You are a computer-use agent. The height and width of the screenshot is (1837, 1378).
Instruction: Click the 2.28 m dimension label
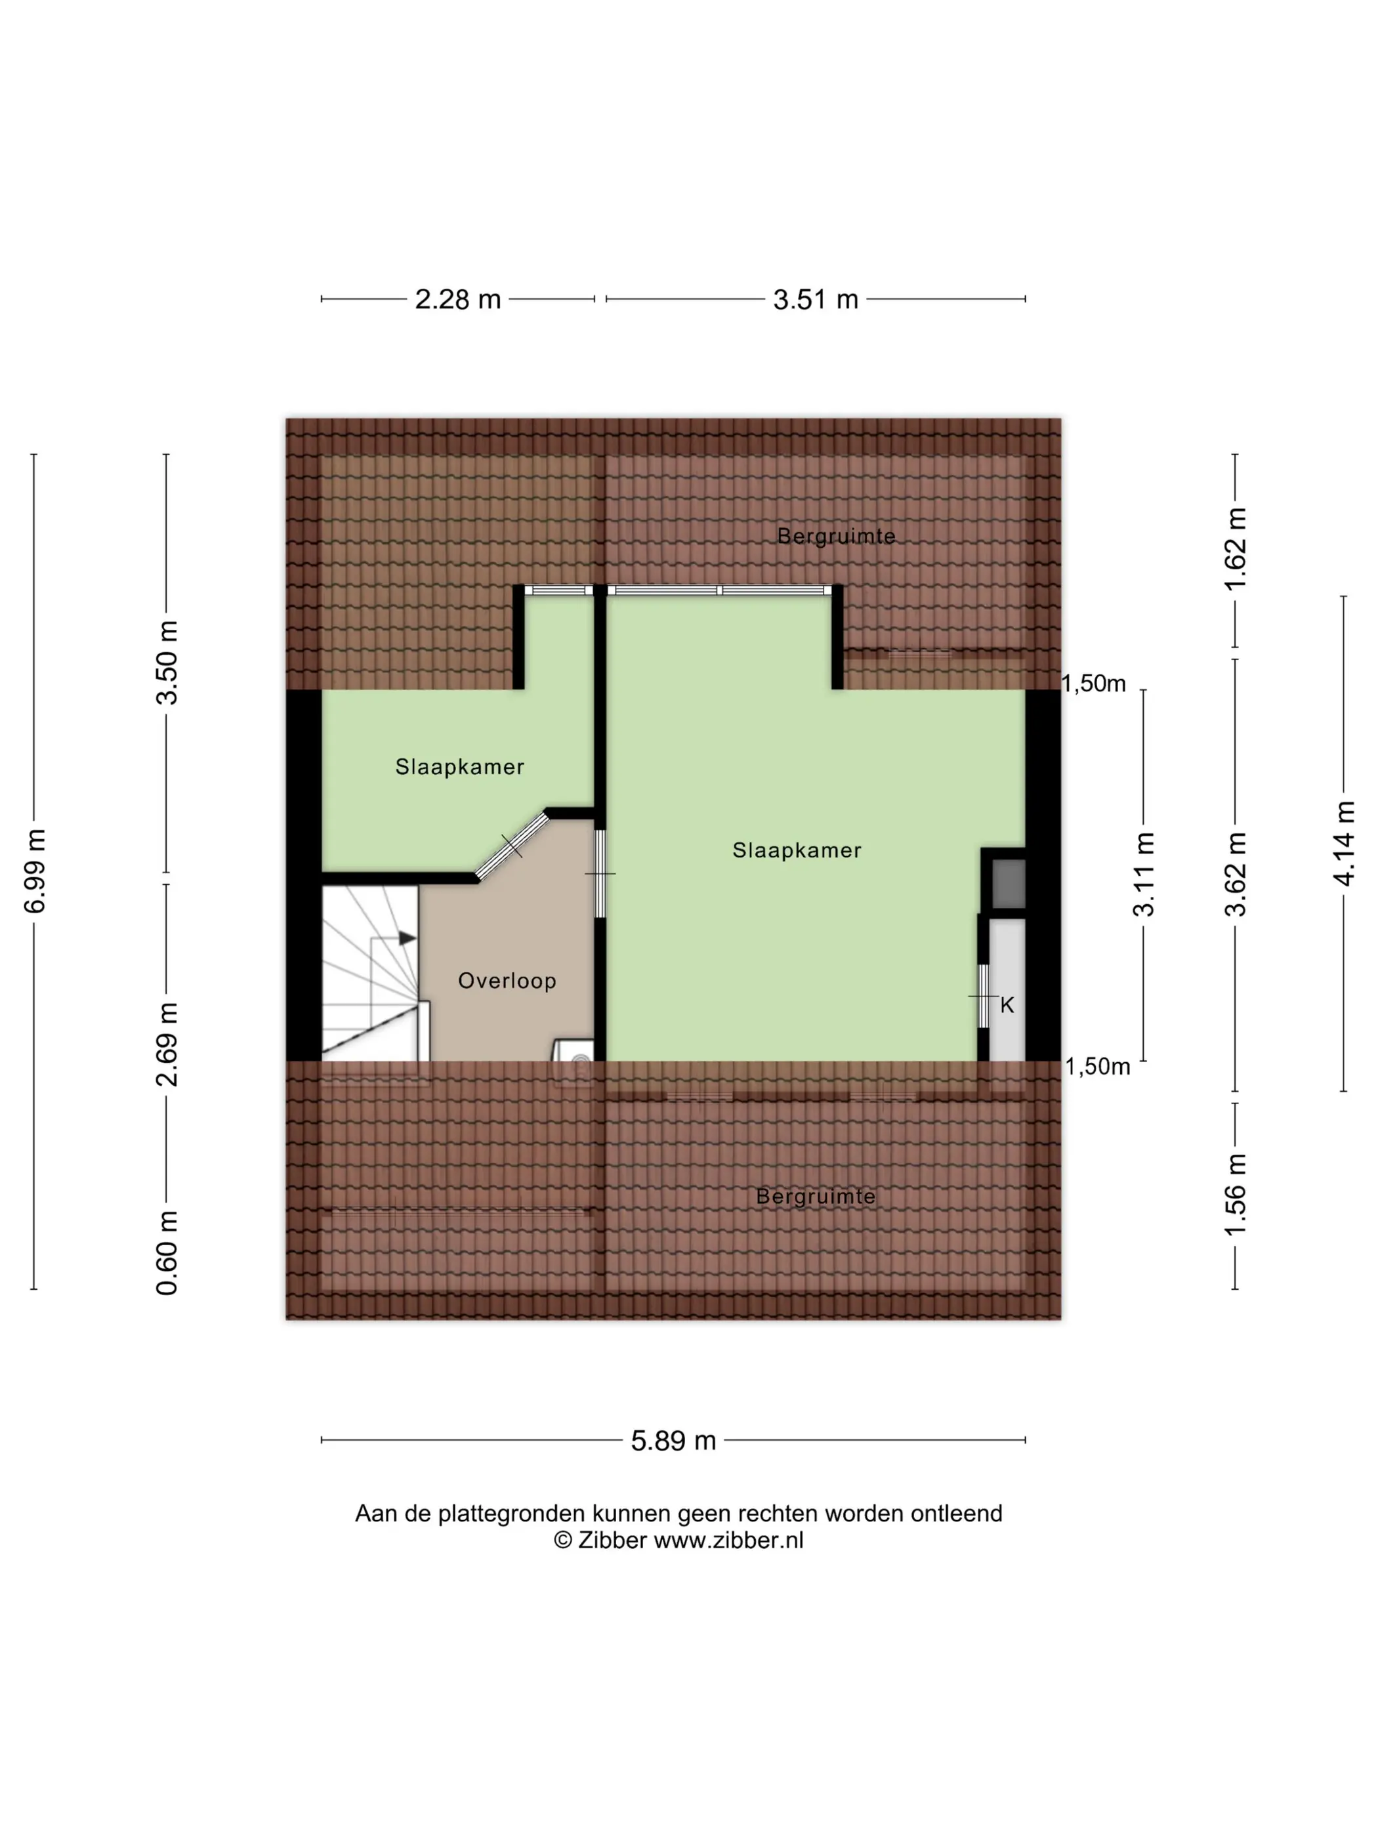click(457, 299)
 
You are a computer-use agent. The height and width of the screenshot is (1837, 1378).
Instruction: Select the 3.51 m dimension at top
click(815, 299)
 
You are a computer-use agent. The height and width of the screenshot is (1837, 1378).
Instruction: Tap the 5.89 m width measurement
click(673, 1440)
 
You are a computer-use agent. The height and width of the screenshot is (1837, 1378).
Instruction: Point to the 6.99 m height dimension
click(34, 871)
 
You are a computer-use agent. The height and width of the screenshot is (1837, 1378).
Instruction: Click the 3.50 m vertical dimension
click(167, 662)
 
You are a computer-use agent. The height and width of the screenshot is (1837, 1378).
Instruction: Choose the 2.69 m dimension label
click(167, 1044)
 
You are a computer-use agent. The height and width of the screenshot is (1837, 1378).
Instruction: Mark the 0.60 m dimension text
click(167, 1252)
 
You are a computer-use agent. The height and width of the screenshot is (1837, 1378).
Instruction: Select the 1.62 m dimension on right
click(1235, 548)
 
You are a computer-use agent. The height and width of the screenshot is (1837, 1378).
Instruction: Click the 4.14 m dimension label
click(1343, 843)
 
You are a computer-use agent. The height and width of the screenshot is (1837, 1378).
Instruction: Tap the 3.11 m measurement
click(1144, 874)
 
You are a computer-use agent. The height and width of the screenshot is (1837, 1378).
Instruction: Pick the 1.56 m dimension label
click(1235, 1194)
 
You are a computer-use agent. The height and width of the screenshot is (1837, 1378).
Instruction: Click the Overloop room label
click(507, 981)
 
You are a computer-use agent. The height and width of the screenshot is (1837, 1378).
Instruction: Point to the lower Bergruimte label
click(816, 1197)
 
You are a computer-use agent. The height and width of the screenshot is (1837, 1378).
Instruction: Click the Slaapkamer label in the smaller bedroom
click(459, 766)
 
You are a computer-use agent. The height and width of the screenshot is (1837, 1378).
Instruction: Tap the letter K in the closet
click(1007, 1006)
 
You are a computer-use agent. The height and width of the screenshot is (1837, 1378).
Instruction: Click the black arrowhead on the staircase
click(407, 938)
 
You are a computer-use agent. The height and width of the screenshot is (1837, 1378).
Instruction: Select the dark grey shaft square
click(1009, 884)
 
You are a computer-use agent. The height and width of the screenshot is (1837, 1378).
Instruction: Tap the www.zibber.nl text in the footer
click(728, 1540)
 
